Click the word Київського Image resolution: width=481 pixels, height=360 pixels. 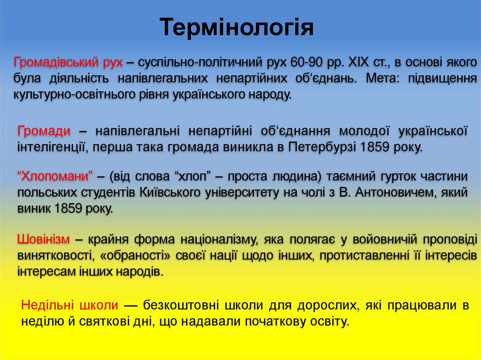[x=167, y=192]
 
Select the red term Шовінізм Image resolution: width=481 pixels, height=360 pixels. [x=44, y=240]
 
